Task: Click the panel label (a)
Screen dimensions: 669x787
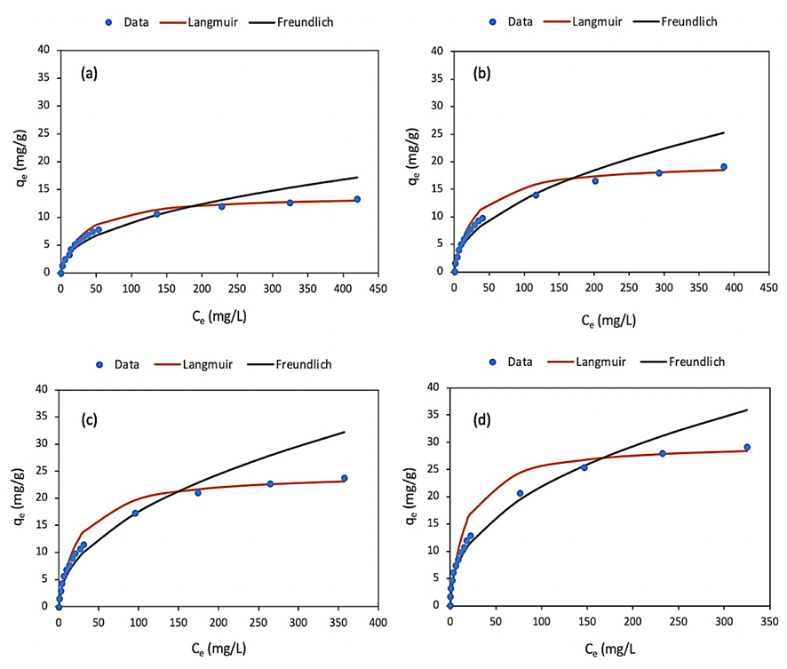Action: click(89, 74)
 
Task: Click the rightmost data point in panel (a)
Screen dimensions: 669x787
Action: click(357, 199)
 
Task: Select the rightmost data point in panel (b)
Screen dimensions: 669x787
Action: click(724, 166)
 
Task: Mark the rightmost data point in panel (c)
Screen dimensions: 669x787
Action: click(345, 478)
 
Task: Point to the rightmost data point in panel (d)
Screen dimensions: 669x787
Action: click(747, 447)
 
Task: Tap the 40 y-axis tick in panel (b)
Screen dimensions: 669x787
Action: click(438, 51)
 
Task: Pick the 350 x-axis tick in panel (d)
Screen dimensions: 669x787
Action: click(769, 620)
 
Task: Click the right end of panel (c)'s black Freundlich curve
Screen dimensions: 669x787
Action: click(344, 432)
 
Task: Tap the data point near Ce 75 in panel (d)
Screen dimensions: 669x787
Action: click(521, 493)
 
